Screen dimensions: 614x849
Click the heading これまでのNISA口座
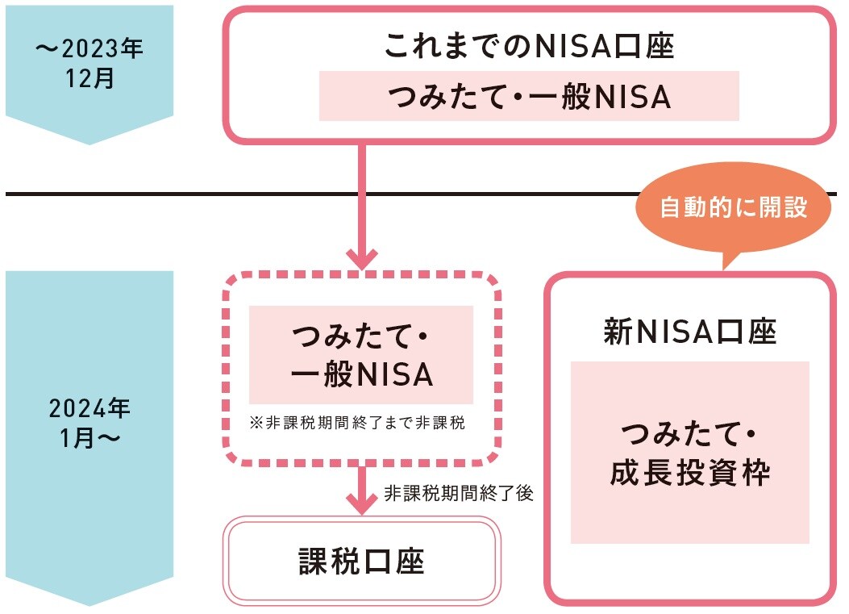coord(528,46)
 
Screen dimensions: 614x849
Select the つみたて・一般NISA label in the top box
coord(529,97)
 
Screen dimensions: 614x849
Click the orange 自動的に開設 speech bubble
coord(733,207)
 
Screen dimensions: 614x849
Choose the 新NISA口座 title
coord(689,332)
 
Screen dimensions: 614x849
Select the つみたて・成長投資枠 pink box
coord(689,453)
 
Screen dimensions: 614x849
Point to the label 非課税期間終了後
coord(459,494)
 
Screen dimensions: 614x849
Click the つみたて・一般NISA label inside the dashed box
coord(360,355)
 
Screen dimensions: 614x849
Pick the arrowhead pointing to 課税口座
coord(361,507)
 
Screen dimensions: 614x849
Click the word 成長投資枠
coord(689,473)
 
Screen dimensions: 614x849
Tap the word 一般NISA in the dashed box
coord(360,375)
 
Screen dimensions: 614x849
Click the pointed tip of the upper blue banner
coord(89,143)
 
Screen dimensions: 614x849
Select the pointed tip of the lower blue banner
coord(89,604)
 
